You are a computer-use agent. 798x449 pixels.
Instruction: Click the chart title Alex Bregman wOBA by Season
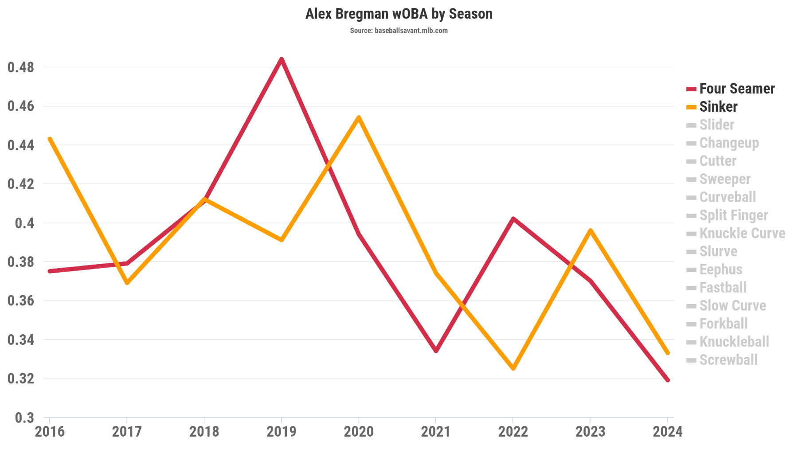coord(399,14)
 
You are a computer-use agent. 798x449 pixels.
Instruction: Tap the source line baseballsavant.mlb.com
coord(399,31)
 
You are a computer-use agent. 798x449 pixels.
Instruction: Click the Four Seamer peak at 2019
coord(282,59)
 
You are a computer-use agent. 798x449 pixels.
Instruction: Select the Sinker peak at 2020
coord(359,117)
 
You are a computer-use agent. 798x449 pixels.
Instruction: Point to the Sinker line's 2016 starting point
coord(50,139)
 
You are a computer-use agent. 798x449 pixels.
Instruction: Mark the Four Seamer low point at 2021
coord(436,351)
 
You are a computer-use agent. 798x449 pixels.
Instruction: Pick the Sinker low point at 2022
coord(513,368)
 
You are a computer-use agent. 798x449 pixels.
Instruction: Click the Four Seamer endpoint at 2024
coord(668,380)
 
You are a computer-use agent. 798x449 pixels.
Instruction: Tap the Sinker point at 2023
coord(591,230)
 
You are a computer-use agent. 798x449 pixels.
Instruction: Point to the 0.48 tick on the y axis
coord(21,67)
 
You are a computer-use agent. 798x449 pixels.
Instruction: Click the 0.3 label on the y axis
coord(24,418)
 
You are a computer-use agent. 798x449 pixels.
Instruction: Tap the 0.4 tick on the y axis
coord(24,223)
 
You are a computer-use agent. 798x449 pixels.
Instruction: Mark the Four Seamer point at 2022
coord(513,219)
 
